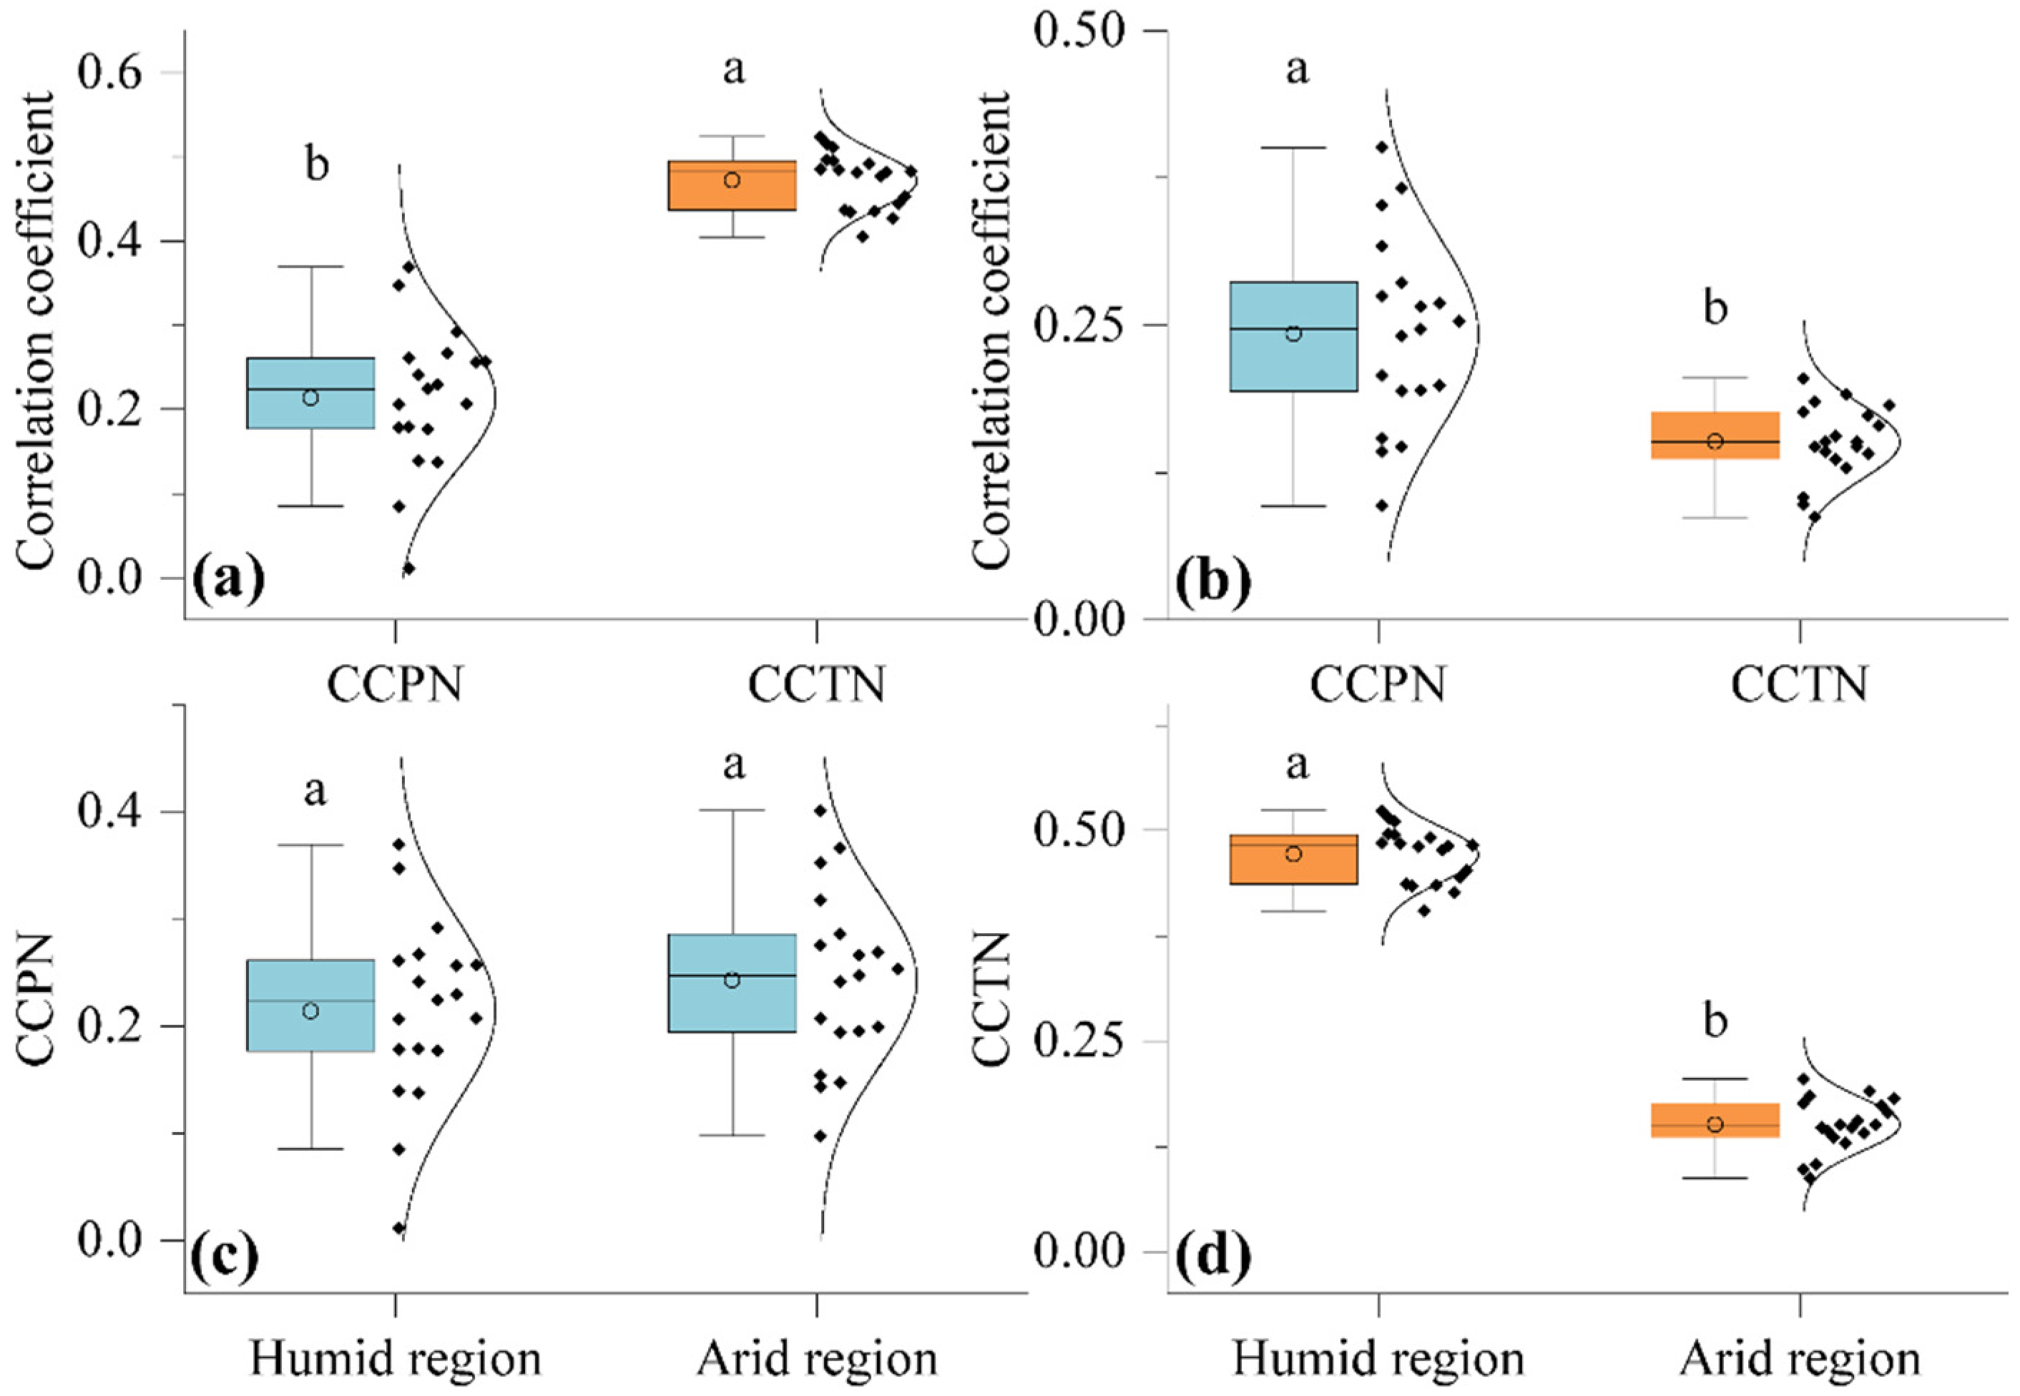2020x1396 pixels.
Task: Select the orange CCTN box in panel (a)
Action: [732, 185]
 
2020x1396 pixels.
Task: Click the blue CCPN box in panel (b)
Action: [1293, 336]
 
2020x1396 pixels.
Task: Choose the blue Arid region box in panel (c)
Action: [732, 983]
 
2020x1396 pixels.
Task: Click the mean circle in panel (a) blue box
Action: [310, 398]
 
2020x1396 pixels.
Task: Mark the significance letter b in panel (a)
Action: [317, 164]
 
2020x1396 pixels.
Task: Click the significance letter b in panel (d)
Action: [1715, 1020]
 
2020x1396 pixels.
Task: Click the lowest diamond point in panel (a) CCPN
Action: [408, 569]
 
